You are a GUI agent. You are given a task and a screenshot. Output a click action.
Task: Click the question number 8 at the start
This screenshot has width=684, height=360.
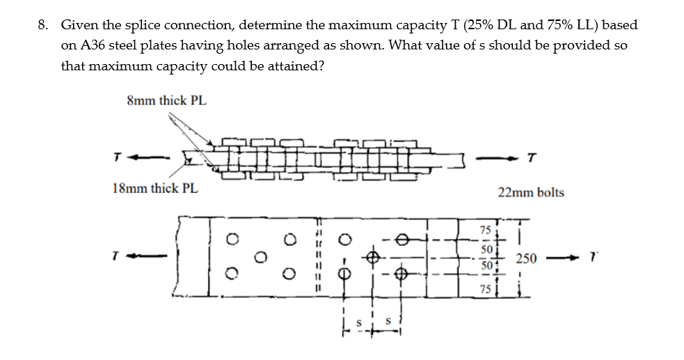click(42, 26)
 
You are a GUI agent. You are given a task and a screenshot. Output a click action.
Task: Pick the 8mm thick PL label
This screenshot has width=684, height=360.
click(167, 100)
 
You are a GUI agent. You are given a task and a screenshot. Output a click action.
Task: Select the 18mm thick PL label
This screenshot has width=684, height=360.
click(154, 188)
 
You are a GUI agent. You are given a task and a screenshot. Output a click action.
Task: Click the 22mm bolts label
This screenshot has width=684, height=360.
click(531, 192)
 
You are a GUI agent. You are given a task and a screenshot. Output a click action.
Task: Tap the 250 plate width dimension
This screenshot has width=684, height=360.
click(525, 259)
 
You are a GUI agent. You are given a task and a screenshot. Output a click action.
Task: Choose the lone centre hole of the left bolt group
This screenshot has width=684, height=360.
click(261, 256)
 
